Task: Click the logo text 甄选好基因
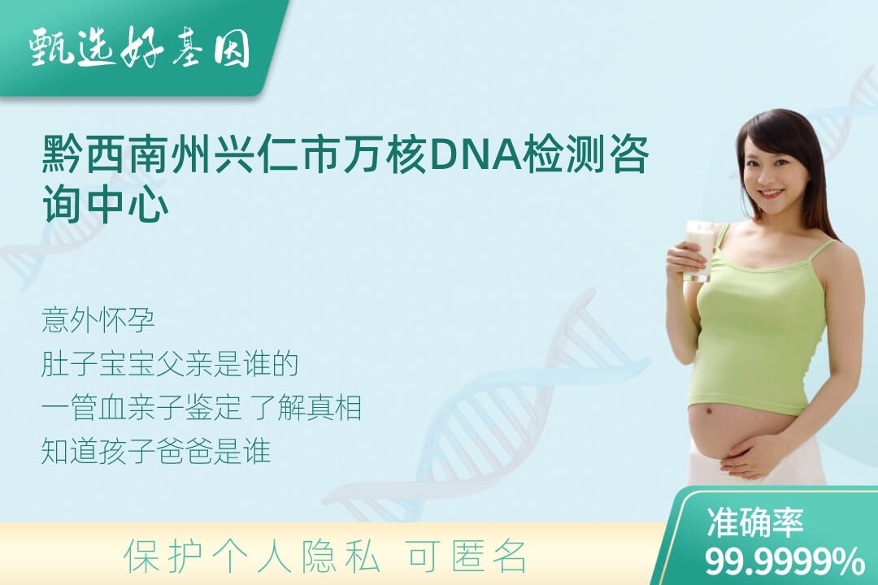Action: click(140, 48)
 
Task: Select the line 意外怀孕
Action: click(98, 320)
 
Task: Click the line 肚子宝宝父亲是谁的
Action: click(169, 364)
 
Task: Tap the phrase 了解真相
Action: click(306, 408)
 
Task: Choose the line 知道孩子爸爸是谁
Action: click(155, 451)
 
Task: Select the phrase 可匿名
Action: click(467, 557)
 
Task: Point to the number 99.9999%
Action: click(784, 561)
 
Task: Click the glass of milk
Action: click(700, 250)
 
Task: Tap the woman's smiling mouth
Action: click(771, 193)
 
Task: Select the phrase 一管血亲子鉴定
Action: click(141, 408)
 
